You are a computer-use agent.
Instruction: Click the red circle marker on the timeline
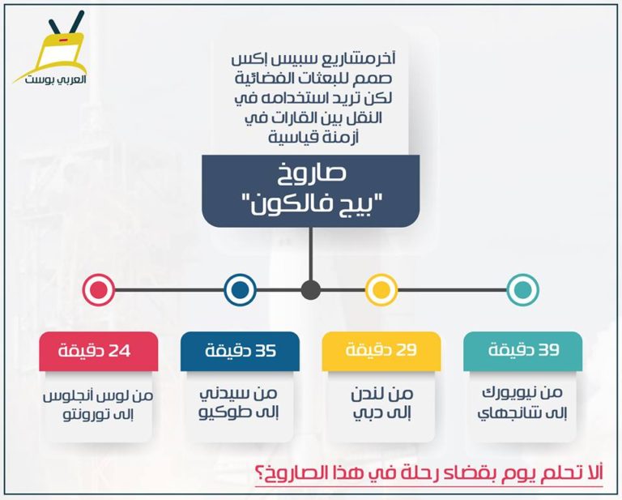pos(99,289)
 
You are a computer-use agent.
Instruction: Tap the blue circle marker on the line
pos(240,289)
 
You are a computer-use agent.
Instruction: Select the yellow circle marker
pos(381,289)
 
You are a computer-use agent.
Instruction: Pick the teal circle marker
pos(523,289)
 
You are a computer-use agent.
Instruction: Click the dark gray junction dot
pos(311,289)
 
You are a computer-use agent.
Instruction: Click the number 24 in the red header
pos(119,351)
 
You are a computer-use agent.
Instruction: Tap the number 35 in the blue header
pos(265,351)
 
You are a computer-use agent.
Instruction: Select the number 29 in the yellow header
pos(406,350)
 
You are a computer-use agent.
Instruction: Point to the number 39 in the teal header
pos(548,350)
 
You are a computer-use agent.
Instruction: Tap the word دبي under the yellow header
pos(364,413)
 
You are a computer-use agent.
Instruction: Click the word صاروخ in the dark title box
pos(311,173)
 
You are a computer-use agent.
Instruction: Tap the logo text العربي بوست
pos(56,79)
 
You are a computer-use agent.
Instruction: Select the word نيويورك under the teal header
pos(508,393)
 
